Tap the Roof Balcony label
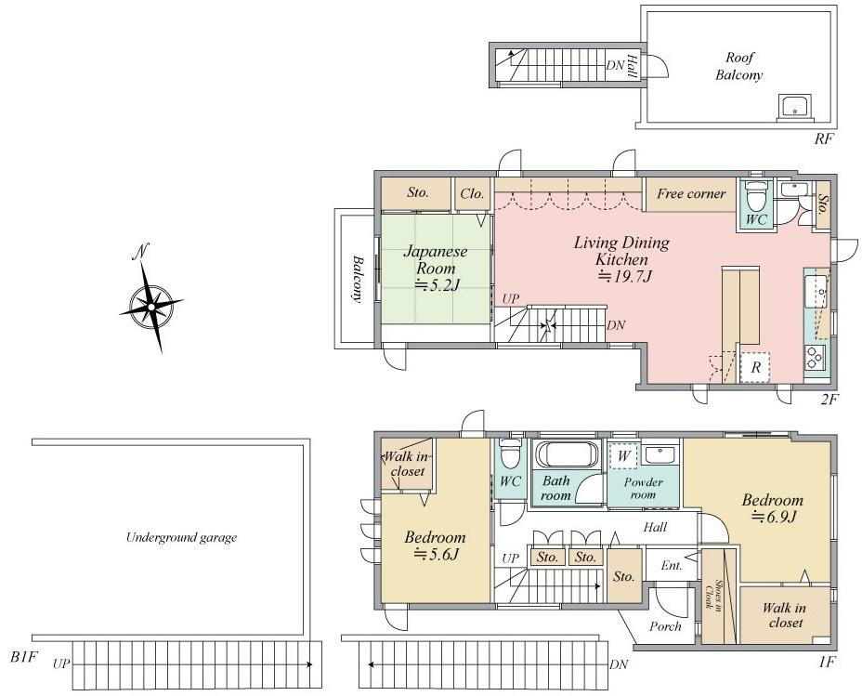tap(738, 66)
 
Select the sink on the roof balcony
tap(795, 108)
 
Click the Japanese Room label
tap(435, 259)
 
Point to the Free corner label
tap(691, 193)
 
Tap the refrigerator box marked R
tap(755, 367)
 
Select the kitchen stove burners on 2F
tap(815, 358)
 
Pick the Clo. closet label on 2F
tap(472, 193)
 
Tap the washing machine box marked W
tap(623, 455)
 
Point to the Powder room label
tap(643, 488)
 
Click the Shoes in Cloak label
tap(712, 595)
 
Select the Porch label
tap(665, 626)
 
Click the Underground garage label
tap(181, 537)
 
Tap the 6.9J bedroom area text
tap(774, 517)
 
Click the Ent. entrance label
tap(672, 566)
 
